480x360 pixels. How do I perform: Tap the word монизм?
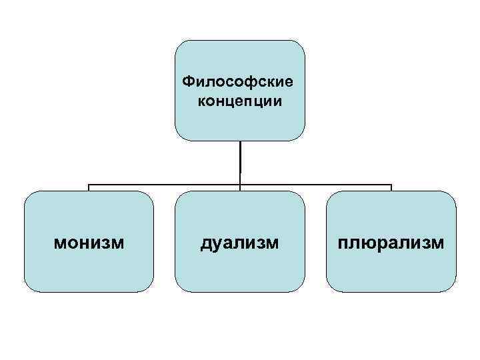[89, 243]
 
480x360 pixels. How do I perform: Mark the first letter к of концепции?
[202, 102]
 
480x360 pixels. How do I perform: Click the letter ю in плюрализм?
[369, 243]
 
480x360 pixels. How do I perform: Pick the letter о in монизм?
[74, 243]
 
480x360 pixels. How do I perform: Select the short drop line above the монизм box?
[89, 187]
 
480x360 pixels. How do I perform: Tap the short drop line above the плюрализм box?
[391, 187]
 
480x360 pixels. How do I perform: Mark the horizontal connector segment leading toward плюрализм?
[317, 184]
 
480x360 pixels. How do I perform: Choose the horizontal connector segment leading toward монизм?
[163, 184]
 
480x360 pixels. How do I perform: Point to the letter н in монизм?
[85, 243]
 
